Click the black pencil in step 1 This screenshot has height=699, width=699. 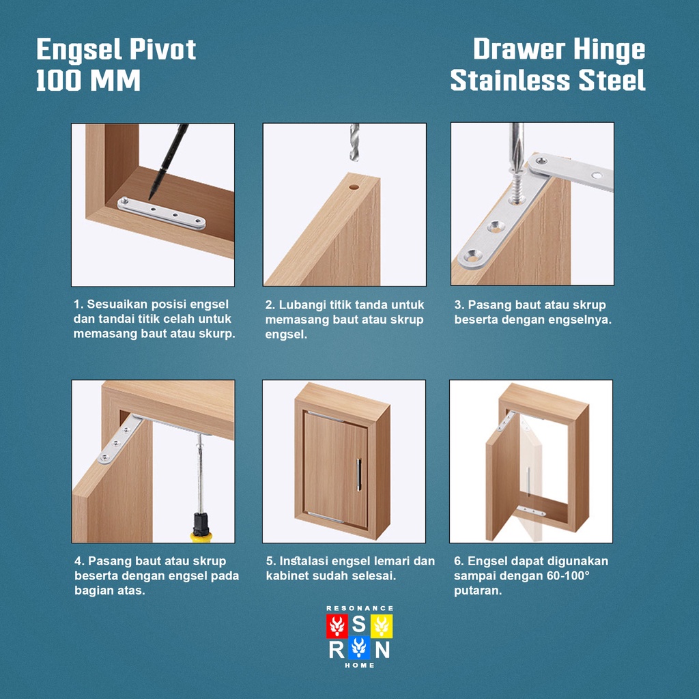tap(169, 161)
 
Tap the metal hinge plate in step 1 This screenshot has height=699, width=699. tap(161, 213)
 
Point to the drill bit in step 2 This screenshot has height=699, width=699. tap(354, 142)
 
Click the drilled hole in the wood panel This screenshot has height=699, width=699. tap(354, 187)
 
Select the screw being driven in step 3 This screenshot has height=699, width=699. tap(517, 187)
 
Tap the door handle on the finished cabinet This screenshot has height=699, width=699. tap(359, 475)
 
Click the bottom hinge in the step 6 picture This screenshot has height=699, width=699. tap(530, 511)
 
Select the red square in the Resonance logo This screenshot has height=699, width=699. tap(337, 626)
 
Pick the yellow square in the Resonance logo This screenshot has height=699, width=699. tap(382, 626)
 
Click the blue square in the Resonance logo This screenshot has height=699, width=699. tap(359, 648)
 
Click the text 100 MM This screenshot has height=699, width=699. tap(88, 81)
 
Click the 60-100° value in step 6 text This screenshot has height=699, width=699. tap(568, 575)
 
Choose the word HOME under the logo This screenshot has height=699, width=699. tap(359, 665)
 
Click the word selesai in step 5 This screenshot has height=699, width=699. tap(373, 575)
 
